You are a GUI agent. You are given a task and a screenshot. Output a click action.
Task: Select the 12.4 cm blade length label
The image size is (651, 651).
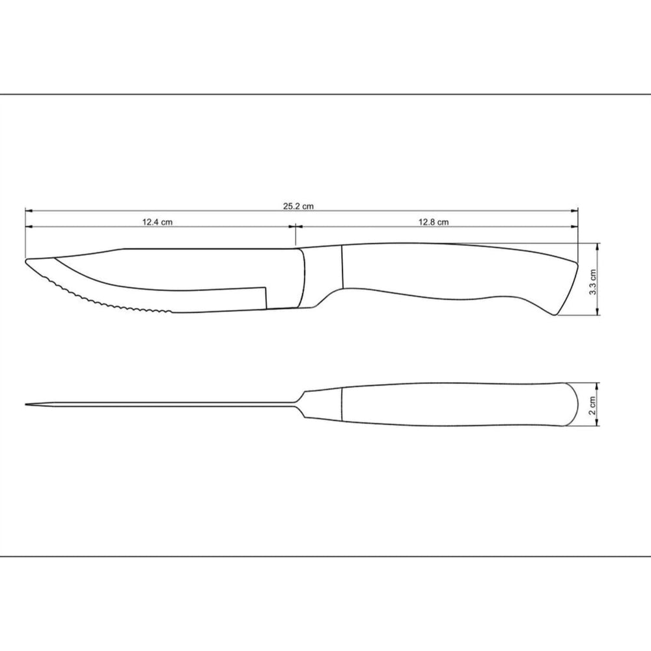coord(158,222)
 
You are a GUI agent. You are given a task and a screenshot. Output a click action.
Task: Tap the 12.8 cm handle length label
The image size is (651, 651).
coord(434,222)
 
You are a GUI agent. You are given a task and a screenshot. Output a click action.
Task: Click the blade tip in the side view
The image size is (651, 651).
coord(27,262)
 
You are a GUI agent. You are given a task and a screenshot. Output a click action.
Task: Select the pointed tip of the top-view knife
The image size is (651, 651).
coord(27,405)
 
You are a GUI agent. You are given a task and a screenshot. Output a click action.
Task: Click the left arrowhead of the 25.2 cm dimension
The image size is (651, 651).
coord(28,211)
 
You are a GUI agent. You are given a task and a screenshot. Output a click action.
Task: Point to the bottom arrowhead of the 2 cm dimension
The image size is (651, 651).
coord(598,425)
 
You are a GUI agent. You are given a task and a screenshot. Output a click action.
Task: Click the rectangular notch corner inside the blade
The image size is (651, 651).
coord(265,288)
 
